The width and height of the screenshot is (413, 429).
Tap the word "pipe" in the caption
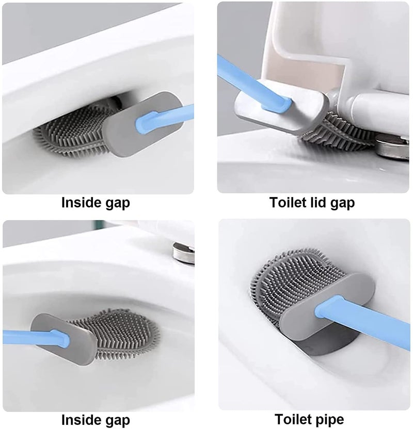coord(329,419)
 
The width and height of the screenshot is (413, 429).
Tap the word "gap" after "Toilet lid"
coord(343,203)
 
